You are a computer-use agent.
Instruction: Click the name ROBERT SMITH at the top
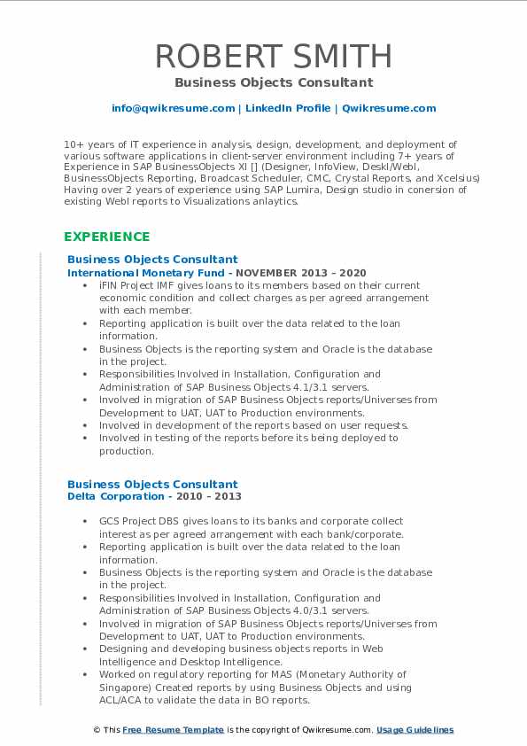(273, 56)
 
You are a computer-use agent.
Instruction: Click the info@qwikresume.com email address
(173, 108)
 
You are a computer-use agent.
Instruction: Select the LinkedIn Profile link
(276, 108)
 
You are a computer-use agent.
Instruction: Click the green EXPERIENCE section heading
(106, 237)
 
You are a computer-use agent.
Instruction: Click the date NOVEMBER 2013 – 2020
(301, 273)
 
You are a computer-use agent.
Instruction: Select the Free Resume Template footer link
(174, 730)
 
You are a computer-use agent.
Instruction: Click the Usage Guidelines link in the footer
(415, 730)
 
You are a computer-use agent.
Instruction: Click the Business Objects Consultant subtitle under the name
(273, 82)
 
